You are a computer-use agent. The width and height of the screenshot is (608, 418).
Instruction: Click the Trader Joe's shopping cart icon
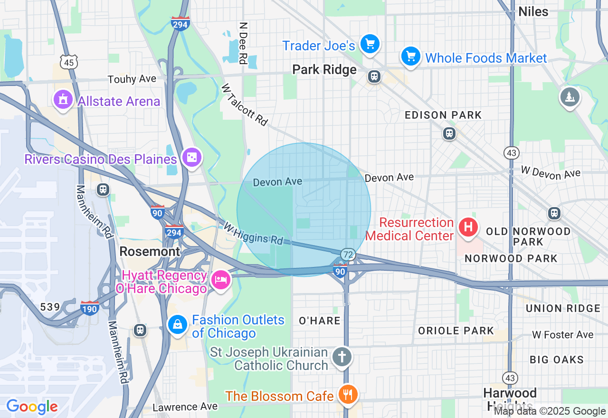tap(370, 45)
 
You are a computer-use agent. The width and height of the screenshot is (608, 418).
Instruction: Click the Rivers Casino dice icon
tap(192, 158)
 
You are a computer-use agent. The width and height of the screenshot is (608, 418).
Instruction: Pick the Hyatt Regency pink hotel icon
tap(220, 279)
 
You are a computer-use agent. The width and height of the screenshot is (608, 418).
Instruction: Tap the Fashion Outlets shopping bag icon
tap(178, 325)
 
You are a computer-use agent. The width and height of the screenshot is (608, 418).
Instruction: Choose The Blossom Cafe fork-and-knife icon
tap(348, 394)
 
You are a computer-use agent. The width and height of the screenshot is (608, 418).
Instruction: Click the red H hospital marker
tap(468, 227)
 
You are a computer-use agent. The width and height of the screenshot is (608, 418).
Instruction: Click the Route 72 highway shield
tap(348, 255)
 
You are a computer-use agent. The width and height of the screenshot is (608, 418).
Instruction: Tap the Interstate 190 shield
tap(89, 309)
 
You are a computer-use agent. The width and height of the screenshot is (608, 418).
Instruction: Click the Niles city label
tap(533, 11)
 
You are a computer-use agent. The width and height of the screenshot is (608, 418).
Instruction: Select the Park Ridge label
tap(324, 70)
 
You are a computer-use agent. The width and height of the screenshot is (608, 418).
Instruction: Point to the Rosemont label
tap(150, 251)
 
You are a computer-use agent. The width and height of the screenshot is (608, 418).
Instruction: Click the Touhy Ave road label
tap(132, 79)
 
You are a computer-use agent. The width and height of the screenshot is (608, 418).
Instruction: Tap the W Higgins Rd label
tap(253, 234)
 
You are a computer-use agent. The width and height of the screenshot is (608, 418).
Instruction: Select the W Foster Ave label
tap(562, 335)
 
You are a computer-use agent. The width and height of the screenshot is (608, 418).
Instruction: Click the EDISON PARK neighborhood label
tap(443, 115)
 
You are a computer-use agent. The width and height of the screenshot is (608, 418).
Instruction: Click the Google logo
tap(32, 407)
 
